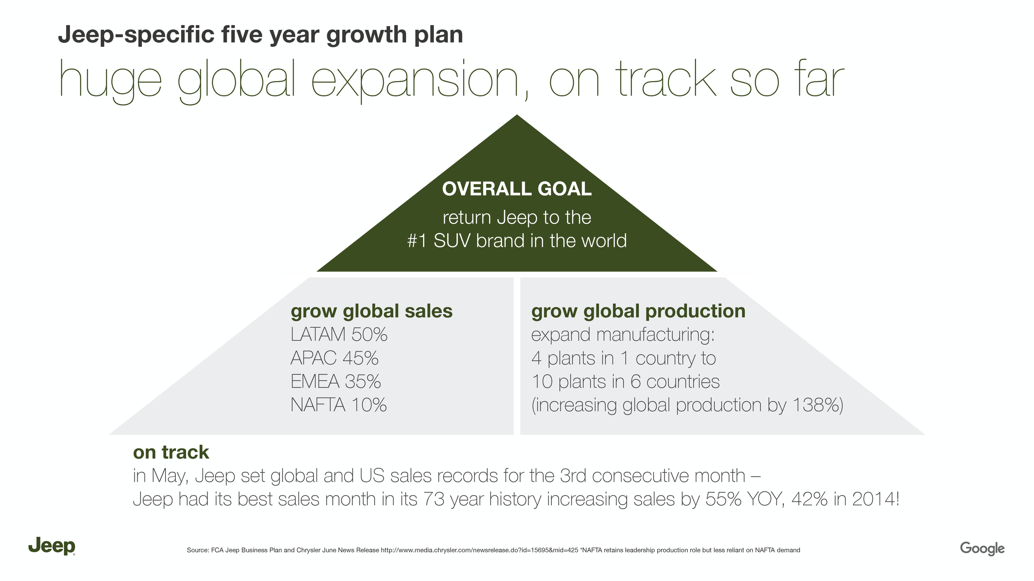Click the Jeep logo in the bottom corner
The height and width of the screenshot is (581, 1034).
pos(52,546)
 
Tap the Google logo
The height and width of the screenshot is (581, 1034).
pos(982,549)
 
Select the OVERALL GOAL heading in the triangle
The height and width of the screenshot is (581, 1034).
pos(517,189)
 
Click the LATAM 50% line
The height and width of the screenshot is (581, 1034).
pos(339,334)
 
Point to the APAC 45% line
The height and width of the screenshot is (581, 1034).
pos(334,358)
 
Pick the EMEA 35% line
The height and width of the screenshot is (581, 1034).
pos(335,381)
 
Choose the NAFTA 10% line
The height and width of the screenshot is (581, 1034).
pos(338,405)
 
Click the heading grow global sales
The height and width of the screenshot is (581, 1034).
pos(371,312)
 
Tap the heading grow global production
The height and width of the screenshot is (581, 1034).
pos(638,312)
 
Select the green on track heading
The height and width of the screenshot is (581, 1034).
pos(171,452)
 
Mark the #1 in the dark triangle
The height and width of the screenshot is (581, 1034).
pos(417,241)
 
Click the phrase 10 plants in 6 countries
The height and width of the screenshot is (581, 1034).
pos(625,381)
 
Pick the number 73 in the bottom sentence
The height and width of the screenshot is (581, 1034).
pos(434,499)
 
